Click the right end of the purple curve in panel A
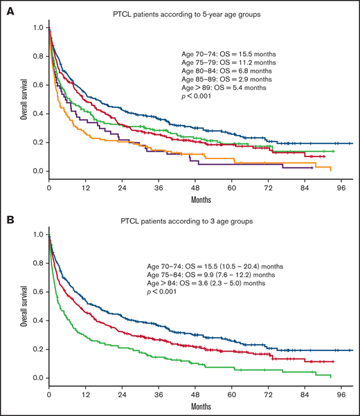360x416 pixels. (x=312, y=167)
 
